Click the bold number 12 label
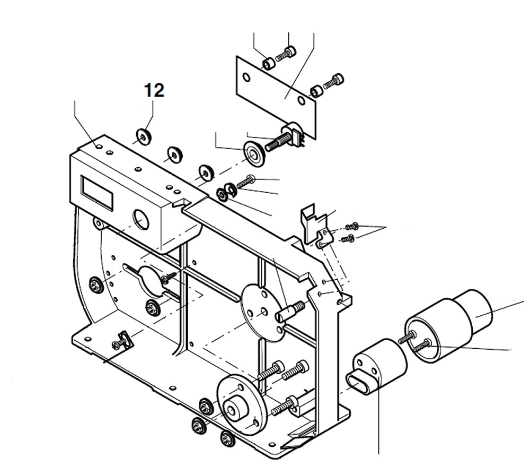pyautogui.click(x=154, y=90)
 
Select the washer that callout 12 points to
pyautogui.click(x=143, y=137)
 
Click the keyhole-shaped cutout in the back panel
pyautogui.click(x=147, y=278)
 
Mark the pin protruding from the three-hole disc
pyautogui.click(x=289, y=310)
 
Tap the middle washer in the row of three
pyautogui.click(x=173, y=154)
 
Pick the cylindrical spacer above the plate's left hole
pyautogui.click(x=269, y=64)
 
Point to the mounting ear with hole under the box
pyautogui.click(x=99, y=223)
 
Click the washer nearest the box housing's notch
pyautogui.click(x=204, y=172)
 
